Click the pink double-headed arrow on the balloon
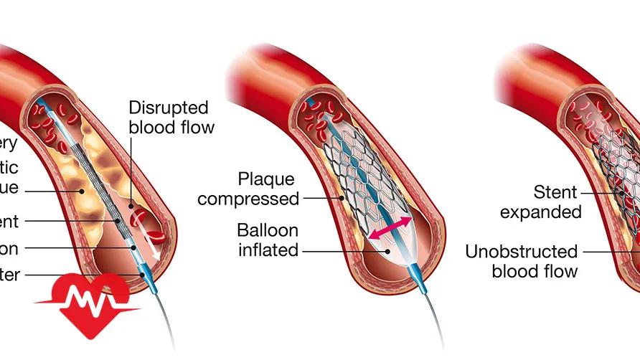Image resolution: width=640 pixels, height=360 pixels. pyautogui.click(x=390, y=227)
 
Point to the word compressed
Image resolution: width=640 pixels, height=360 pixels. pyautogui.click(x=248, y=199)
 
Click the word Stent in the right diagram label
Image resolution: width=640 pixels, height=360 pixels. pyautogui.click(x=555, y=192)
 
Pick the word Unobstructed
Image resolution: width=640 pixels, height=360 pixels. pyautogui.click(x=522, y=252)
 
